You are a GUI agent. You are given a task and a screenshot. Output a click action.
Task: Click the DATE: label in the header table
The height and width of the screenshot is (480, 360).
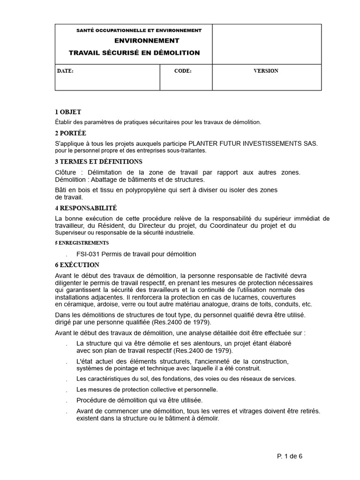[x=65, y=71]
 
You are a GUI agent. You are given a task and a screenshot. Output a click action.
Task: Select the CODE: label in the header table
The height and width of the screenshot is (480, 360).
[x=182, y=71]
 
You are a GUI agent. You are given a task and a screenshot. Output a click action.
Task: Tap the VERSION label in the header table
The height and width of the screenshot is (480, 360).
[x=266, y=71]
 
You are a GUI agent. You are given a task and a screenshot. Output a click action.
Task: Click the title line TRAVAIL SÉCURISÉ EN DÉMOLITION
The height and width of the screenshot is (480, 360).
[x=134, y=53]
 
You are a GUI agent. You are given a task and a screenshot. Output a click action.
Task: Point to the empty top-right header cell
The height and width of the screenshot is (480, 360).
[x=267, y=44]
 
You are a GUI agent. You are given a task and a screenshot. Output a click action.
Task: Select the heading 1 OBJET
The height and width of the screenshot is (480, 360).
[x=68, y=112]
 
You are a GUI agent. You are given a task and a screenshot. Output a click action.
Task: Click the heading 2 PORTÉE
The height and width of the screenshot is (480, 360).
[x=70, y=133]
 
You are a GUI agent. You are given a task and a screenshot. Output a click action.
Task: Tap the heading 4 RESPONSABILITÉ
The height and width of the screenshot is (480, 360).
[x=86, y=208]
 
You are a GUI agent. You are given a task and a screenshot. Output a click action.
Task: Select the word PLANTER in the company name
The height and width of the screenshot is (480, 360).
[x=201, y=143]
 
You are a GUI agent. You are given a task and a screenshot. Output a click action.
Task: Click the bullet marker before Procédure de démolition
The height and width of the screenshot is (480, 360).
[x=67, y=401]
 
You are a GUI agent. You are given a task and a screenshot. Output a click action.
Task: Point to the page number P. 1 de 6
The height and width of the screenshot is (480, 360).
[x=290, y=456]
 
